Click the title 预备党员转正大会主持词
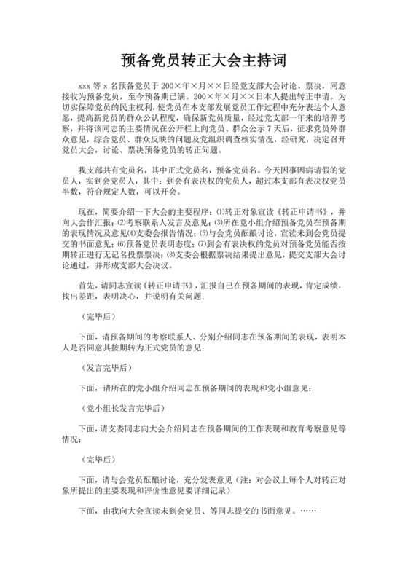click(x=203, y=59)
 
